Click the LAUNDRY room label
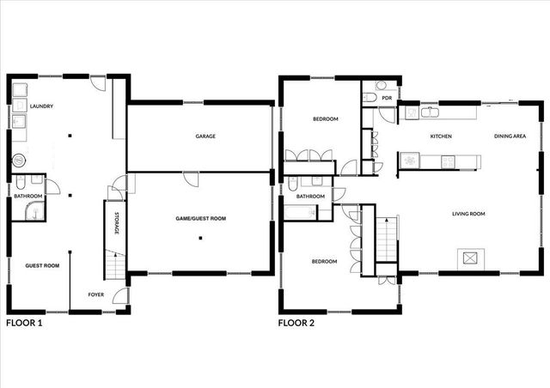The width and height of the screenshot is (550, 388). tap(41, 106)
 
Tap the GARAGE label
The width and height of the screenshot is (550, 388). tap(205, 136)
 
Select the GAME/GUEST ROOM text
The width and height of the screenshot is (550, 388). tap(200, 220)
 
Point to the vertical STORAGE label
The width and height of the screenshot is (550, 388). tap(116, 225)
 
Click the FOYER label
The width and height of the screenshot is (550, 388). tap(96, 294)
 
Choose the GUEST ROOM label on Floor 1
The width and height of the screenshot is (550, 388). tap(41, 266)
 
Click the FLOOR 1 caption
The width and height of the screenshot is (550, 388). tap(24, 324)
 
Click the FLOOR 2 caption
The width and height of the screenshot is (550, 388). tap(296, 324)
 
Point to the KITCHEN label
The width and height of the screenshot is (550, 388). tap(441, 136)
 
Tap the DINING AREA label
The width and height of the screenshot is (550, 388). tap(510, 136)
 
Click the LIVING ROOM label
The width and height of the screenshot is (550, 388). tap(470, 214)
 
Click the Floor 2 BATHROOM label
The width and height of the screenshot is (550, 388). tap(310, 197)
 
